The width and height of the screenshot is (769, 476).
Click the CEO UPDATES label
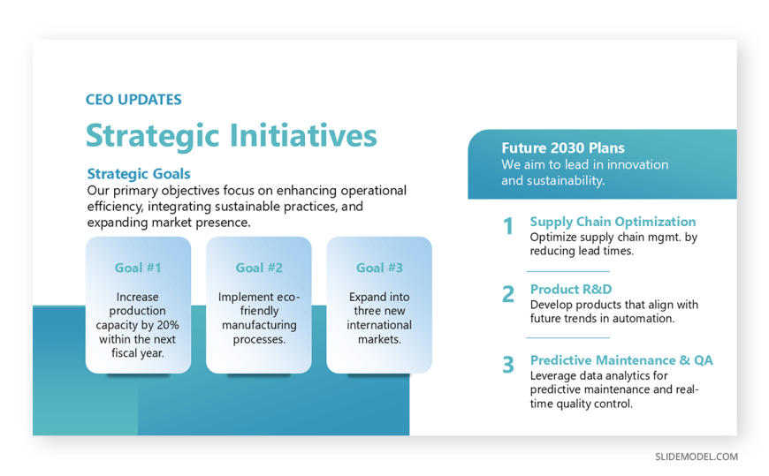[x=133, y=100]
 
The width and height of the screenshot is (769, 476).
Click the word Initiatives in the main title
[x=303, y=135]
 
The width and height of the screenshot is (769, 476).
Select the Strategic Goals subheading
[x=139, y=174]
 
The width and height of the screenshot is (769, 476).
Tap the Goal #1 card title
[x=138, y=268]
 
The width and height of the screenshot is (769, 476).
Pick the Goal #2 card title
[x=259, y=268]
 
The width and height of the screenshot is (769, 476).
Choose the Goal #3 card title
[x=379, y=268]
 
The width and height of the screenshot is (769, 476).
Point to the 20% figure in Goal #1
[x=168, y=325]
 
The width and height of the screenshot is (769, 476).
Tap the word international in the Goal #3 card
[x=379, y=325]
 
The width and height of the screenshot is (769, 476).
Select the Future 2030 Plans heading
[x=563, y=148]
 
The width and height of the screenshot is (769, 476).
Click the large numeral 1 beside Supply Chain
[x=508, y=226]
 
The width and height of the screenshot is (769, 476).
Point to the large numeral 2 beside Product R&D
[x=508, y=294]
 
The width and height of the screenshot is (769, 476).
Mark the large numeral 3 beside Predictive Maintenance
[x=508, y=365]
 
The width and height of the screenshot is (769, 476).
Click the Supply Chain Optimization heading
[x=613, y=222]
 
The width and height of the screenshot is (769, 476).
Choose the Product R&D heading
[x=571, y=290]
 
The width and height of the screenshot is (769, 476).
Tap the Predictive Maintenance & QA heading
[x=621, y=360]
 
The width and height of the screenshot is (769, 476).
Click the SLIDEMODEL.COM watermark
[x=697, y=457]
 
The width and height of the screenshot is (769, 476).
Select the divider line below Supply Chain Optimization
[x=568, y=271]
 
